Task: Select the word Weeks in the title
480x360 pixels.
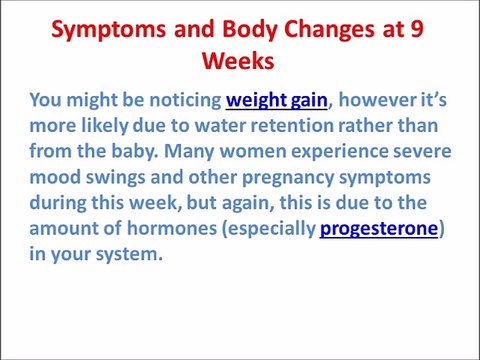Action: (x=240, y=60)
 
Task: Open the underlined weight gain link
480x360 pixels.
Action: (x=277, y=100)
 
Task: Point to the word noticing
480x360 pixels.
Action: (x=180, y=100)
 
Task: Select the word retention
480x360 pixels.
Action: (x=291, y=126)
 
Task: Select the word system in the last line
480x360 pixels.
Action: (x=129, y=254)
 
